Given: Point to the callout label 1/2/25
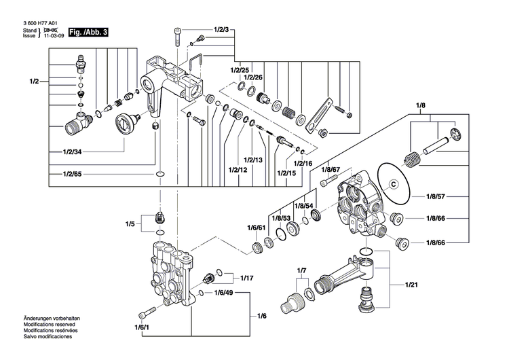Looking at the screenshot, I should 240,71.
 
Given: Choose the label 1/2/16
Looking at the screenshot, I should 303,164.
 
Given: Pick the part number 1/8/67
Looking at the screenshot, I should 331,170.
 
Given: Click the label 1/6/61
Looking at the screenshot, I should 257,227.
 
